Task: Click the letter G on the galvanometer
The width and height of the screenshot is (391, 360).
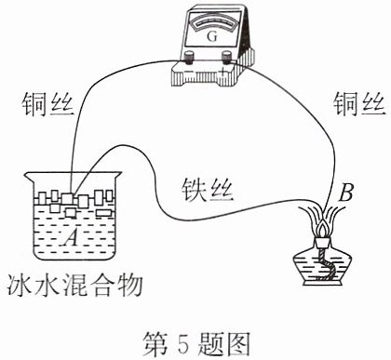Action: click(x=212, y=37)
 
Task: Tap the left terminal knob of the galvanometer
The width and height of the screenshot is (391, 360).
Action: click(x=188, y=57)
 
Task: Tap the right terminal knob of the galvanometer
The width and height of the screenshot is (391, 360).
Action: click(x=227, y=57)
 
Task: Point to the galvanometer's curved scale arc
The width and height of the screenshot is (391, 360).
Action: click(x=212, y=23)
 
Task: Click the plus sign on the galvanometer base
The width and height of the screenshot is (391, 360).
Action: click(x=222, y=72)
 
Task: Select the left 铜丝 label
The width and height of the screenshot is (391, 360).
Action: click(x=47, y=105)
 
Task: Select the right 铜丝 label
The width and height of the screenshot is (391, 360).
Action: click(x=359, y=105)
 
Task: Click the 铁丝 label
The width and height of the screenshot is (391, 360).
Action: click(x=207, y=190)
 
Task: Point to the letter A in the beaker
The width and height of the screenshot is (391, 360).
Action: click(x=72, y=237)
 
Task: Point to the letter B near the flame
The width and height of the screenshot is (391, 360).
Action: click(x=345, y=193)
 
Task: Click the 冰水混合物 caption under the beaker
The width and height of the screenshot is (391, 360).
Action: click(x=74, y=285)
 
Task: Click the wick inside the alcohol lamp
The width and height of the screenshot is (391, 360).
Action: click(x=327, y=265)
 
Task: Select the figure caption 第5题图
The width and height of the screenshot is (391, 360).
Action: click(x=196, y=343)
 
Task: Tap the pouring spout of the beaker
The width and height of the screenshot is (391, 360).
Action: click(x=30, y=177)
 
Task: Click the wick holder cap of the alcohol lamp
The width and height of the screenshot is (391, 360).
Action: click(x=323, y=243)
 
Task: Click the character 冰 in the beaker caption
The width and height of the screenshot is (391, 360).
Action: click(x=20, y=285)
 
